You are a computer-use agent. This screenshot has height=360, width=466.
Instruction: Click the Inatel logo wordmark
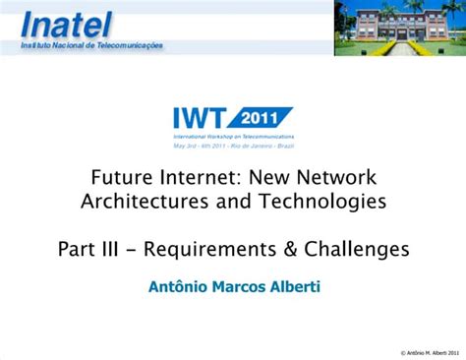coord(67,21)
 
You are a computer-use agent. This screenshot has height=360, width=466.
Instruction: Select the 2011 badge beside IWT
coord(264,115)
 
